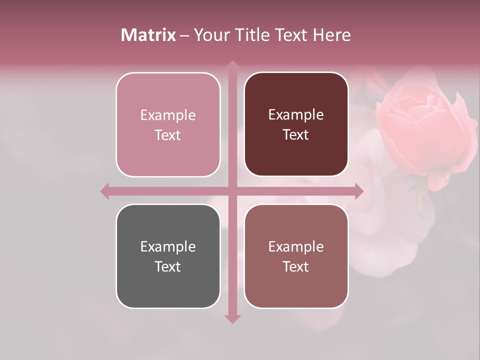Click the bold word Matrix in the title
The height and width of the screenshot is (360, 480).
tap(148, 35)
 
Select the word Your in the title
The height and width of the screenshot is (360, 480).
tap(210, 35)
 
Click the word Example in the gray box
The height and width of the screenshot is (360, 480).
tap(168, 246)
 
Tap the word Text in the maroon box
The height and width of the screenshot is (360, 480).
tap(296, 135)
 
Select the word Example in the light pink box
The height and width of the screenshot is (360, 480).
tap(168, 115)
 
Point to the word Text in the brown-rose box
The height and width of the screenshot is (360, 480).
tap(296, 266)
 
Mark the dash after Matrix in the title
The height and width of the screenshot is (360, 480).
tap(184, 35)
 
